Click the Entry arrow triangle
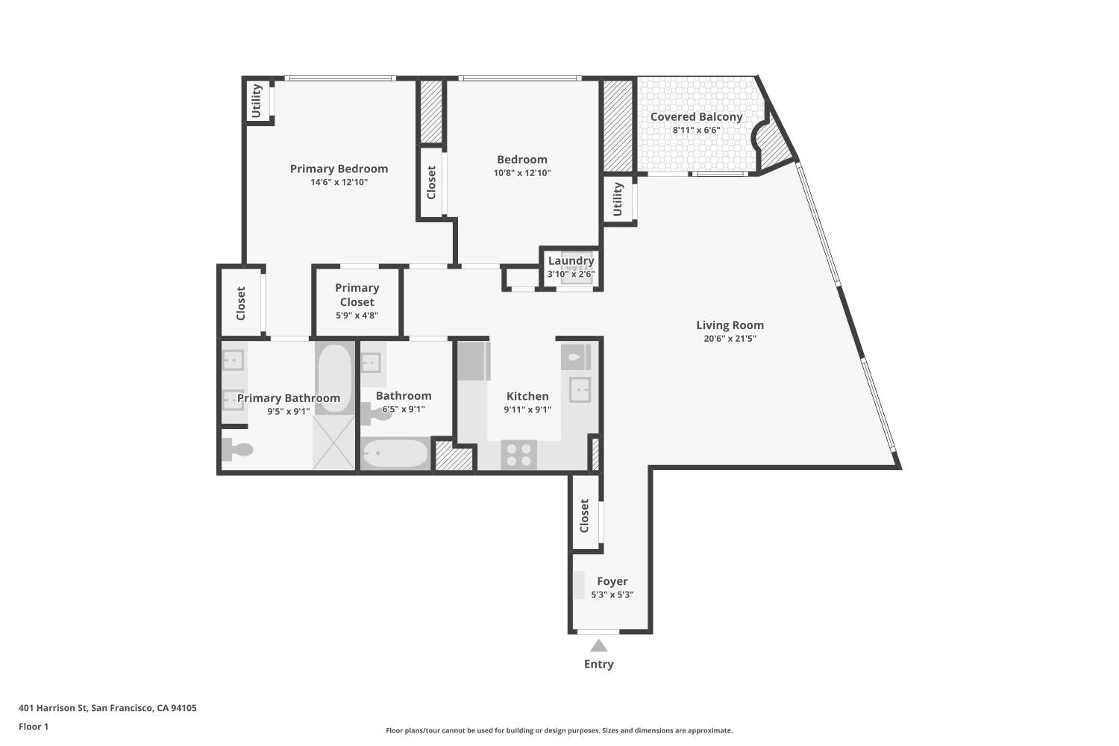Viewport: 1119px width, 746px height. [x=598, y=646]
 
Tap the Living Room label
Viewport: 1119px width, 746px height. [x=730, y=325]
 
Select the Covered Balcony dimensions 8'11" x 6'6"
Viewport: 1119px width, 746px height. [x=696, y=130]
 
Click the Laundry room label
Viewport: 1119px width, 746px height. [x=571, y=261]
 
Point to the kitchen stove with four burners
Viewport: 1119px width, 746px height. [x=518, y=454]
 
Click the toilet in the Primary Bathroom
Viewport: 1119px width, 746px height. [x=238, y=450]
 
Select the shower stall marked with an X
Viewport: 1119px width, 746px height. [x=333, y=442]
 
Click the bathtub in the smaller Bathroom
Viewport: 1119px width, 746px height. [x=395, y=453]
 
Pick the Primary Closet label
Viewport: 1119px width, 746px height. [x=357, y=295]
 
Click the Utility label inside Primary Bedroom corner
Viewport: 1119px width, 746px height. [x=257, y=101]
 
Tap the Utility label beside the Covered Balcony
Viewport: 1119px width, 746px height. [x=618, y=199]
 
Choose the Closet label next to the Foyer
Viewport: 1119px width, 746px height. [x=585, y=515]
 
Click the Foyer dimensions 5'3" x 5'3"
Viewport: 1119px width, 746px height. [x=612, y=595]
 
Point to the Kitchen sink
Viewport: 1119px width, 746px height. [x=580, y=389]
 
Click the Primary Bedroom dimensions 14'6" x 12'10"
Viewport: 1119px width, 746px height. [x=339, y=182]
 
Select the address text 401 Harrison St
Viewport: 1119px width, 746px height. [x=107, y=708]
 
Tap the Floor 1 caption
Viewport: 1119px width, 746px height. [x=34, y=726]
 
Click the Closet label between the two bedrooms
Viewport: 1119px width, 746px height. [x=431, y=182]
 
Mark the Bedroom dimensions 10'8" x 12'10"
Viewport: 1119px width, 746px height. [x=521, y=173]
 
